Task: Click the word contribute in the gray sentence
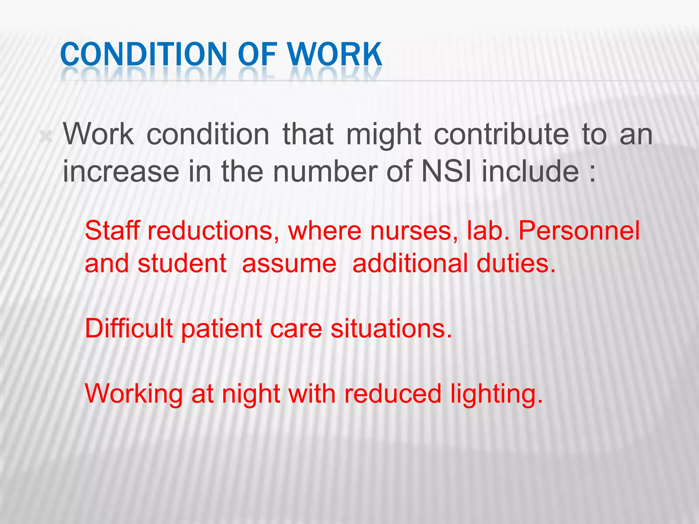tap(501, 134)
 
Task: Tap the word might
tap(384, 134)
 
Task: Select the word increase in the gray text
tap(121, 171)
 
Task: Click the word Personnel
tap(579, 231)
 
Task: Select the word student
tap(182, 263)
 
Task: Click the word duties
tap(516, 263)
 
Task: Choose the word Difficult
tap(129, 328)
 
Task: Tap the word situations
tap(391, 328)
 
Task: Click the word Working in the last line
tap(134, 394)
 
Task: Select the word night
tap(251, 394)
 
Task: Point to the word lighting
tap(496, 394)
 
